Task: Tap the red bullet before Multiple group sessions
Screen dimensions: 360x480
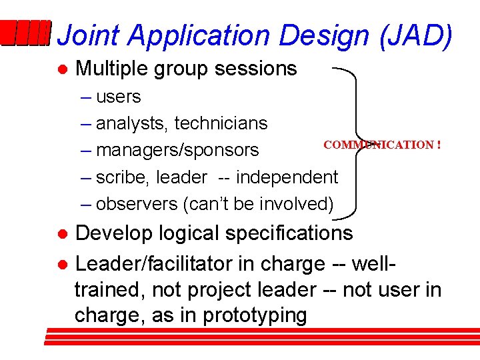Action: [61, 69]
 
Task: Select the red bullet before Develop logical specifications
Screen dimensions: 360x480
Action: [61, 234]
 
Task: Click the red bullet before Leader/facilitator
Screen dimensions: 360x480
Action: [61, 265]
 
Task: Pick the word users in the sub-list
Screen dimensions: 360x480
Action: [119, 97]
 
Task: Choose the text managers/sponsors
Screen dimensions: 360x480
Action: [177, 151]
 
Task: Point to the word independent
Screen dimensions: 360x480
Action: [287, 177]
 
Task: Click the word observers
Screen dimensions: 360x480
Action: [137, 204]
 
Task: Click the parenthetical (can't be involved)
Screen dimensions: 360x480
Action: [258, 204]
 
